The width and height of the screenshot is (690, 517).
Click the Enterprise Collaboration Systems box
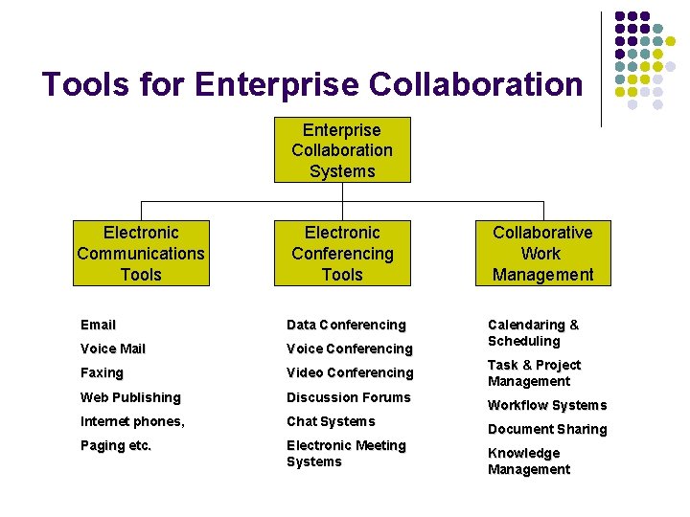342,150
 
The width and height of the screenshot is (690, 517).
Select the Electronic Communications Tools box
141,254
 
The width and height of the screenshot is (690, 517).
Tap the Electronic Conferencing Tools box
342,254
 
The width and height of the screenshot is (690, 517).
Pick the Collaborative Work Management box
542,254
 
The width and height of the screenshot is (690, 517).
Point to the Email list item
98,326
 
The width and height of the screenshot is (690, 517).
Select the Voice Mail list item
113,349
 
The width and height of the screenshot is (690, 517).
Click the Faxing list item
102,373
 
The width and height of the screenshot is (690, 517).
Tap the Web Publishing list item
130,397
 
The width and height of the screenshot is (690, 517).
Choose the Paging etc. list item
116,445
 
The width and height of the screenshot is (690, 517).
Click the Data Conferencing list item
346,326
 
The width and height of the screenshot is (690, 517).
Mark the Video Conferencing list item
350,373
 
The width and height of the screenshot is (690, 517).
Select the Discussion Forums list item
348,397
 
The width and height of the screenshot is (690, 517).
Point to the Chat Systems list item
331,421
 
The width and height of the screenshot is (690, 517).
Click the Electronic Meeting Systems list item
346,454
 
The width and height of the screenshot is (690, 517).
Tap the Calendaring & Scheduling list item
533,333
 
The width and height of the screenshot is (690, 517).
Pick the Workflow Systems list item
547,405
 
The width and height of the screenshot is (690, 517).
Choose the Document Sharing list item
547,429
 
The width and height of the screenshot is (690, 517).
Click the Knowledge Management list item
528,461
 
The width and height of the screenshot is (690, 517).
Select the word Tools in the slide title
85,85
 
